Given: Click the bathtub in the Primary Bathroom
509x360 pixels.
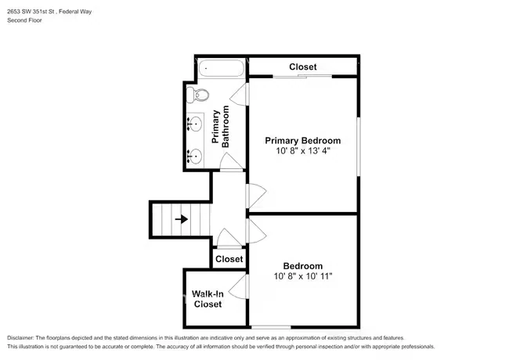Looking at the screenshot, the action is (222, 68).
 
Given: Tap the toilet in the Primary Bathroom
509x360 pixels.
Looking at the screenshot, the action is (197, 95).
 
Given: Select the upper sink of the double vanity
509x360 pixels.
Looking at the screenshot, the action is (195, 124).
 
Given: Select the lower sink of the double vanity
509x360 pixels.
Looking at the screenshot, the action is (195, 157).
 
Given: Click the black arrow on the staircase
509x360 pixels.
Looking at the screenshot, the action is (182, 219).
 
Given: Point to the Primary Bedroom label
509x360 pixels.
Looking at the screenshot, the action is (303, 140).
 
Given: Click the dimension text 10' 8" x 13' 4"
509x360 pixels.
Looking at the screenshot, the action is (303, 151).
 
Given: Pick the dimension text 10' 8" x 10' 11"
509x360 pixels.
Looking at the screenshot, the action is (303, 276).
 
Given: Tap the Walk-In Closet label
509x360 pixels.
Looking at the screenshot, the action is (208, 299).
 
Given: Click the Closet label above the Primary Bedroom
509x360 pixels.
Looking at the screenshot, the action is (303, 67).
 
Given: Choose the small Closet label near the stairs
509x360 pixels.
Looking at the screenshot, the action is (229, 259).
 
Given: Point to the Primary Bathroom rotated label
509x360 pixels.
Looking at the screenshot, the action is (220, 127).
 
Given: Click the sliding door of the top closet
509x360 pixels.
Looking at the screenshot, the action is (302, 77).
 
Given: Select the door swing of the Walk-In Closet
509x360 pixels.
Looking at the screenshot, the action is (239, 286).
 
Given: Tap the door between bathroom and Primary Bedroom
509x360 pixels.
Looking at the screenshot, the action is (240, 95).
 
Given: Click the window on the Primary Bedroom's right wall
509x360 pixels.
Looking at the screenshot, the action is (359, 147).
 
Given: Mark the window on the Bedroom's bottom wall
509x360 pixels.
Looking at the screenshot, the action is (271, 327).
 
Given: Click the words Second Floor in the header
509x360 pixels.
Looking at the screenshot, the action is (25, 20).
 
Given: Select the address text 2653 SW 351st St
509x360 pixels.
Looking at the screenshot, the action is (31, 12).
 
